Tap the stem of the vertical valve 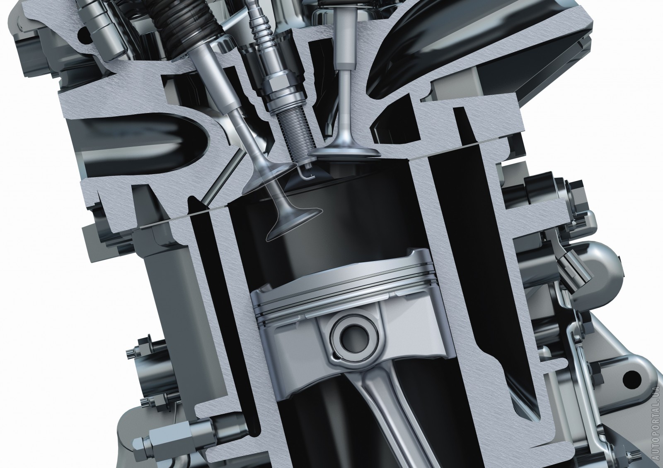tap(345, 106)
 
